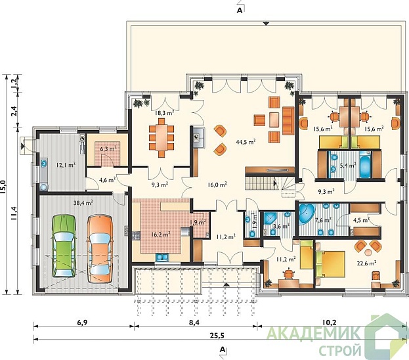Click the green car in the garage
(x=64, y=246)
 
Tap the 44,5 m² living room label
(x=246, y=142)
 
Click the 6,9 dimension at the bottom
(x=82, y=323)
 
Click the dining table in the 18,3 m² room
(x=161, y=137)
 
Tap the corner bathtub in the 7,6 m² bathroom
(x=307, y=214)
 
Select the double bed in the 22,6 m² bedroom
(x=330, y=263)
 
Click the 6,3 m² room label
(x=108, y=149)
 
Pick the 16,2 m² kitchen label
(x=161, y=234)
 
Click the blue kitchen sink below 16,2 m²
(x=162, y=258)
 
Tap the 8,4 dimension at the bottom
(x=194, y=323)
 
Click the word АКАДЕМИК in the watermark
(x=314, y=333)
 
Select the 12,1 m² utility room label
(x=66, y=165)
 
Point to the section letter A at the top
(x=240, y=11)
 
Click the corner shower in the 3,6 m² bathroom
(x=270, y=219)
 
